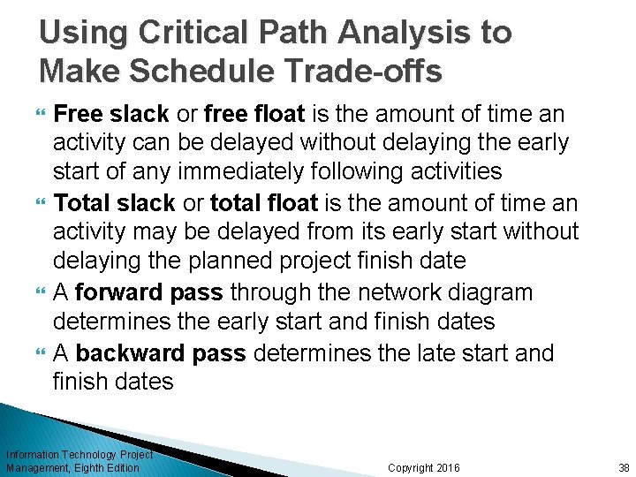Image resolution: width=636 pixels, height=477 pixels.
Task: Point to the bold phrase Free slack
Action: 113,114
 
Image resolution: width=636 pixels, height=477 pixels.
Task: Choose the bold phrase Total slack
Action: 115,203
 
